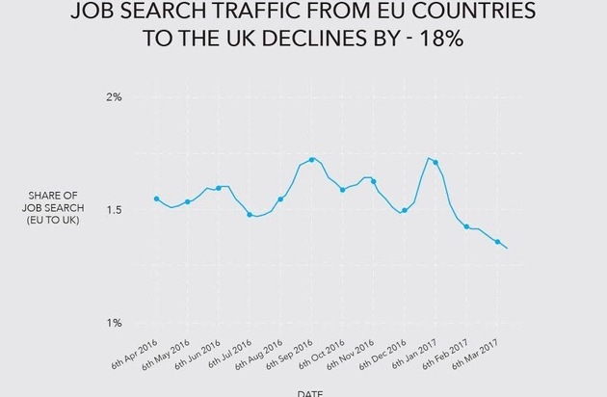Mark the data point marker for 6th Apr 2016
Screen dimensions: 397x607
pos(156,198)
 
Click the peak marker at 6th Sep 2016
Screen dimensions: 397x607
pos(311,159)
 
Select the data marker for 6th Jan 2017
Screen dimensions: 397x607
pos(435,162)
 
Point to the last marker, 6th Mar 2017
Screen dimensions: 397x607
pos(497,242)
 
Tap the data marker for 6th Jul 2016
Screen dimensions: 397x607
pos(250,215)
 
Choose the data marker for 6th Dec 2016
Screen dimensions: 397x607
pos(405,210)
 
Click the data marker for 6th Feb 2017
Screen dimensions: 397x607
pos(466,226)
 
